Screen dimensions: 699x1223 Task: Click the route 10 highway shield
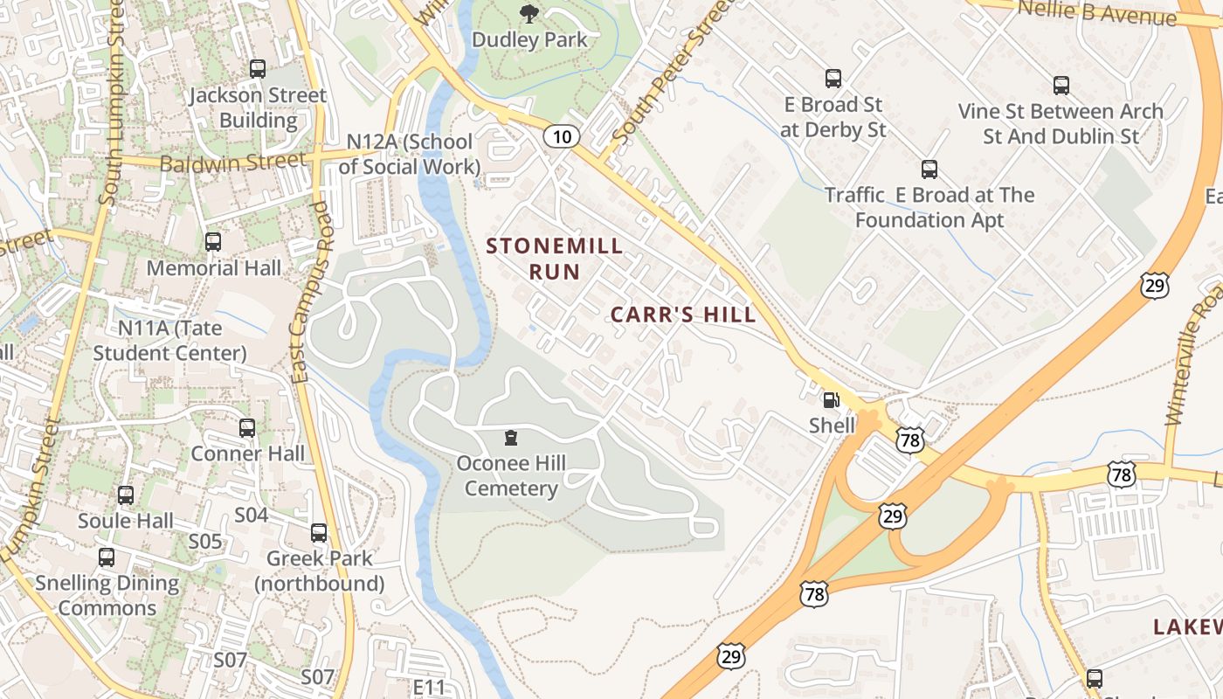tap(562, 136)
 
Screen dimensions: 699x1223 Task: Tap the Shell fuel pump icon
tap(831, 401)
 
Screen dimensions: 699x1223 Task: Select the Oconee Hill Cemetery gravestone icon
tap(511, 438)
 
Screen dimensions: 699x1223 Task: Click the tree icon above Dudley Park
tap(529, 13)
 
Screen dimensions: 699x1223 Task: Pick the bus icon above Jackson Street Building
tap(257, 69)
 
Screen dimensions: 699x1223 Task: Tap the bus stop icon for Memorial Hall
tap(213, 242)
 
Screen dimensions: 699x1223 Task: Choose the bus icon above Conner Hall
tap(247, 428)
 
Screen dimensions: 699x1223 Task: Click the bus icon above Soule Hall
tap(126, 495)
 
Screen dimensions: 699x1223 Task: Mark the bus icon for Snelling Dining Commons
tap(107, 557)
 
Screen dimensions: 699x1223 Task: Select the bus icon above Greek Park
tap(319, 533)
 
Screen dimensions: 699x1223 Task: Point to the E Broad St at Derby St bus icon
tap(833, 79)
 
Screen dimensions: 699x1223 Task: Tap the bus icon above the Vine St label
tap(1061, 86)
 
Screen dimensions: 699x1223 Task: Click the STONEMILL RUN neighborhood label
tap(555, 259)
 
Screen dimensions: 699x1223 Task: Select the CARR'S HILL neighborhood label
tap(683, 315)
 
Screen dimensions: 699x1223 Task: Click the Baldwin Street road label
tap(233, 162)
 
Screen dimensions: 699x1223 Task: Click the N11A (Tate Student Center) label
tap(170, 341)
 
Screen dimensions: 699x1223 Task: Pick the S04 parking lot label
tap(251, 515)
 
